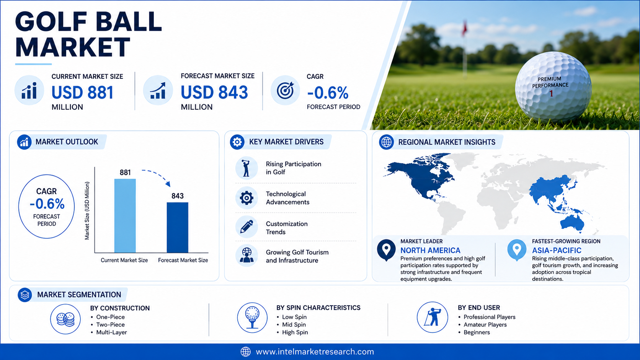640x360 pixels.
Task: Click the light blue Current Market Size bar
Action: tap(125, 215)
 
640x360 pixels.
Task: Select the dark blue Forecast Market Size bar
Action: tap(178, 228)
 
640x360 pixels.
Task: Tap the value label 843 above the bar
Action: tap(178, 196)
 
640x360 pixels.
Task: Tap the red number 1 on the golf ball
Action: tap(551, 94)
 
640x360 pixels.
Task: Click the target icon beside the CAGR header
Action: tap(285, 91)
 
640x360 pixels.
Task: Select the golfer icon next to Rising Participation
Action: tap(246, 168)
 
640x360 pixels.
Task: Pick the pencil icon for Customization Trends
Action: tap(247, 227)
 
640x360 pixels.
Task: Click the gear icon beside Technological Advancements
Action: tap(247, 197)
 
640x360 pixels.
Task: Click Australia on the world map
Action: tap(572, 223)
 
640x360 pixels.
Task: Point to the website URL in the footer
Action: tap(315, 352)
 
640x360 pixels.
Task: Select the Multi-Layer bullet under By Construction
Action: tap(111, 332)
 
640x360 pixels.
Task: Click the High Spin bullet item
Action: tap(295, 332)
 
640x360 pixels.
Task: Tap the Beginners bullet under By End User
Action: tap(477, 332)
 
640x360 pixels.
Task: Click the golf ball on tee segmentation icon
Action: tap(252, 318)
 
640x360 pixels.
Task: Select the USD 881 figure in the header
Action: tap(83, 93)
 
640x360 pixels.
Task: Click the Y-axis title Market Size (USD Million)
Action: tap(87, 211)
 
